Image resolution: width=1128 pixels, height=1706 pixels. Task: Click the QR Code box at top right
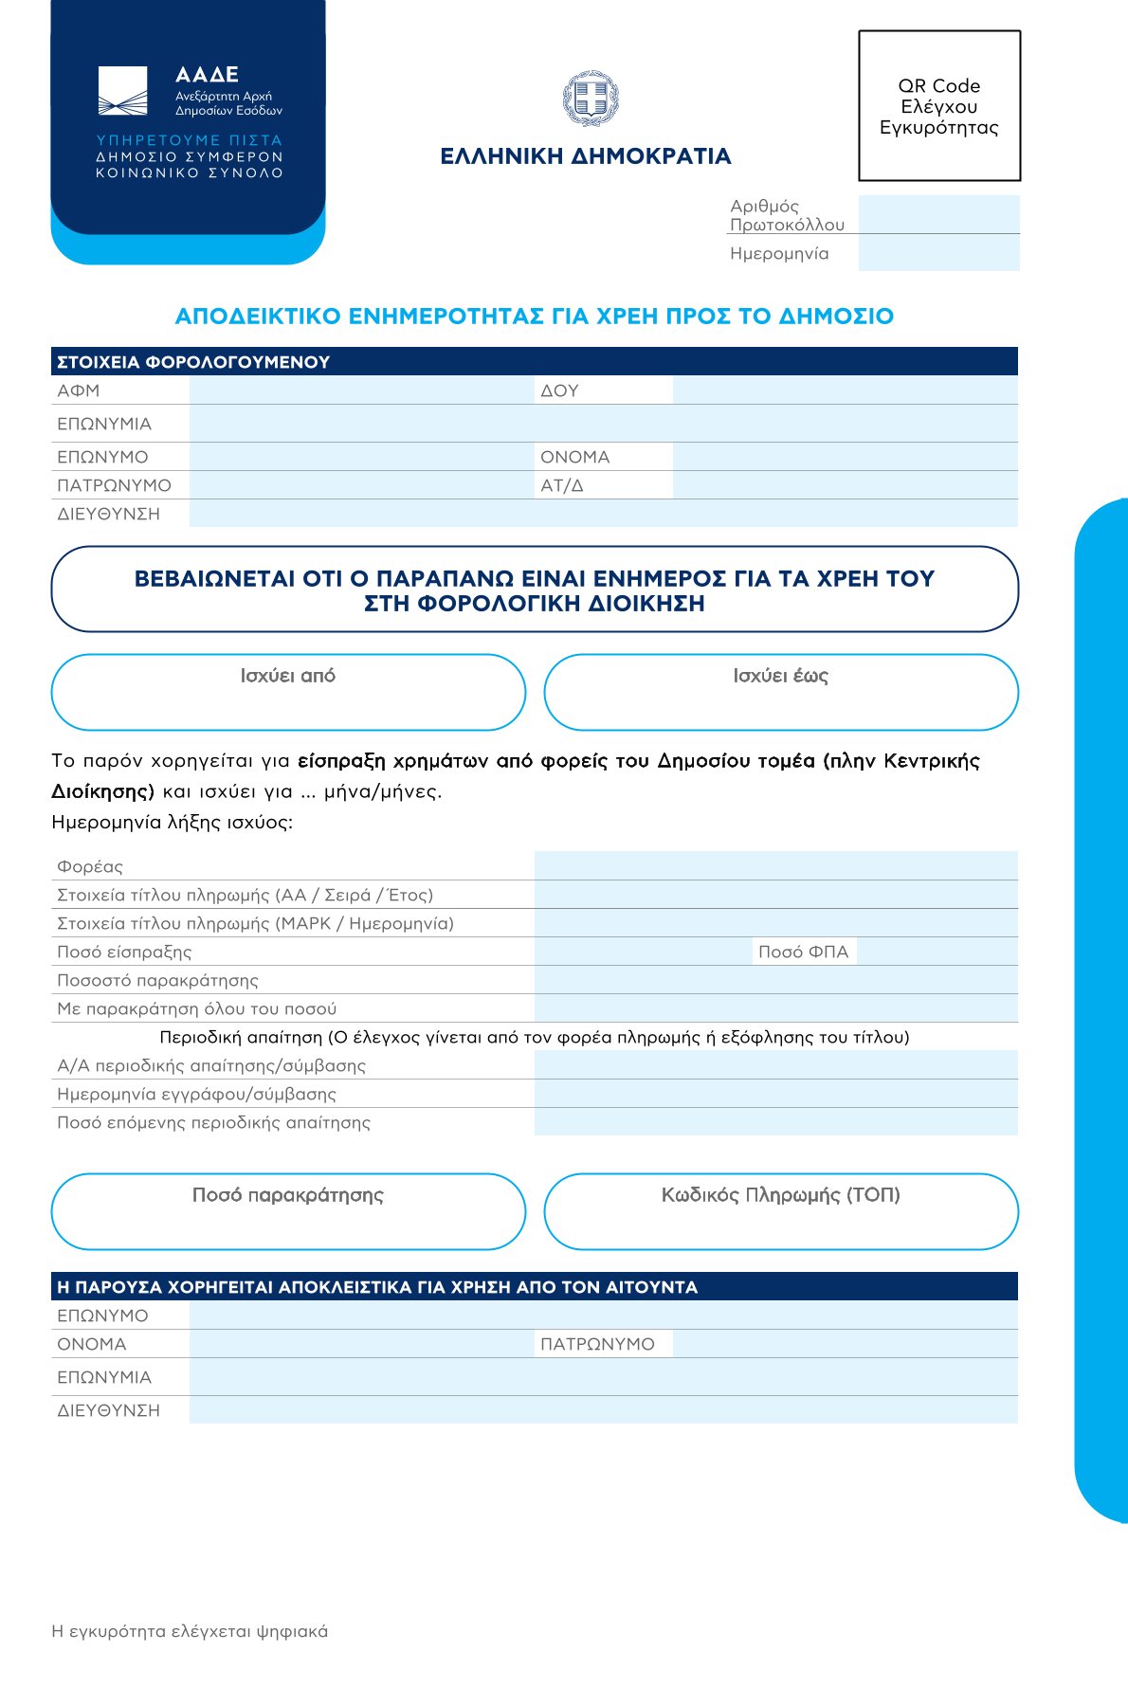point(939,106)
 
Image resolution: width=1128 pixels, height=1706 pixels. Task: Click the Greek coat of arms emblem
point(590,99)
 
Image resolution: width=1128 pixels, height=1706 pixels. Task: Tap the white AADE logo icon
point(122,91)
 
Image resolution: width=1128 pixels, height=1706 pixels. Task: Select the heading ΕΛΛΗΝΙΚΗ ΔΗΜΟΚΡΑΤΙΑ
point(586,156)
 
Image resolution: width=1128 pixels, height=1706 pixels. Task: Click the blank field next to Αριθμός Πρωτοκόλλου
point(938,214)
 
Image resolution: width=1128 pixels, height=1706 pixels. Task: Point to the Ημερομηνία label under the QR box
point(779,254)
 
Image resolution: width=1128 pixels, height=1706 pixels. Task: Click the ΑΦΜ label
point(79,390)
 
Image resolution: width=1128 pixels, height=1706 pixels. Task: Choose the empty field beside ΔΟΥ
point(845,390)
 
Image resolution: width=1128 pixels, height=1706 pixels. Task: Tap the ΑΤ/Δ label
point(562,485)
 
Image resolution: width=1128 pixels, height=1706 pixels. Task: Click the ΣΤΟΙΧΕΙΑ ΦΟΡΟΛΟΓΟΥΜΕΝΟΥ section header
point(193,362)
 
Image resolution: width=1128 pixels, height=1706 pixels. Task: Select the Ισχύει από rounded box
point(288,693)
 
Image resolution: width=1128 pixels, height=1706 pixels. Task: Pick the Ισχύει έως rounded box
point(781,693)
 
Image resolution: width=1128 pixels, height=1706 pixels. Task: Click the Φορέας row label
point(90,866)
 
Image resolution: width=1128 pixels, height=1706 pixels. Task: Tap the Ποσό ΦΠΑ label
point(804,952)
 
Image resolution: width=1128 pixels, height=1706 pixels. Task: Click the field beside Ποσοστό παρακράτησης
point(775,980)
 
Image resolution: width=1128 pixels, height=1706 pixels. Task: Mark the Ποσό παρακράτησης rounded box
point(288,1212)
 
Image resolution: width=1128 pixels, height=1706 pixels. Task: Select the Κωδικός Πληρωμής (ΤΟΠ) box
point(781,1212)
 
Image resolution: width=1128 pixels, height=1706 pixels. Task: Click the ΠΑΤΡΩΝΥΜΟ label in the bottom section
point(597,1344)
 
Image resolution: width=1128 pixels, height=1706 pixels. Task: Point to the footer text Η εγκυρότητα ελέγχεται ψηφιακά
point(190,1631)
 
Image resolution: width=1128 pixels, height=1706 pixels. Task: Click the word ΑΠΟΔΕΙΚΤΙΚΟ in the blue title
point(258,317)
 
